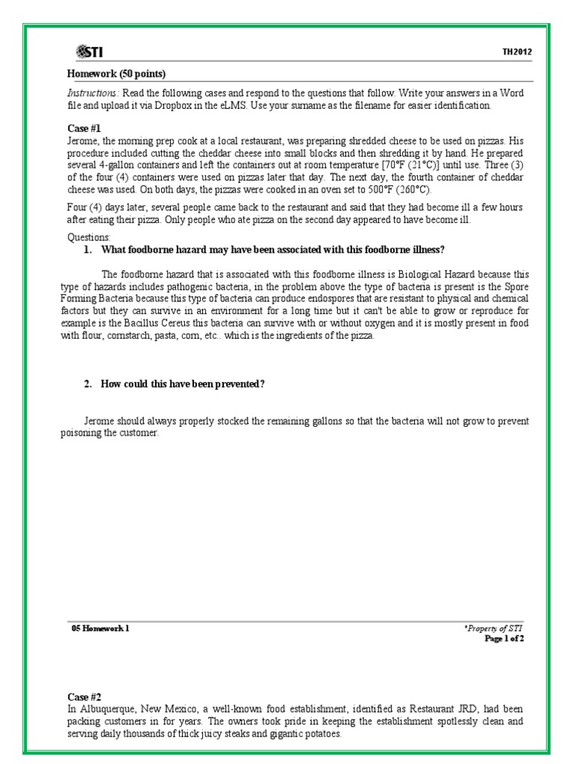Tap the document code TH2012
pyautogui.click(x=516, y=52)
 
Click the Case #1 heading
pyautogui.click(x=79, y=128)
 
